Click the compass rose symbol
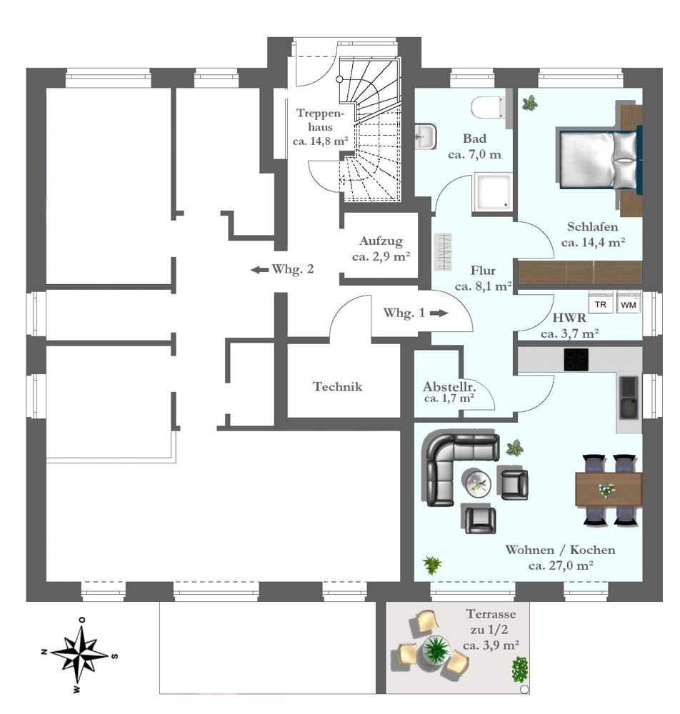pos(79,655)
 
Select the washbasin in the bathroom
pos(425,136)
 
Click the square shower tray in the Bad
pos(491,193)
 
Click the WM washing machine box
pos(629,303)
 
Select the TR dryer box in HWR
pos(601,303)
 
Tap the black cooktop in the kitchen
pos(576,359)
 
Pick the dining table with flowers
pos(608,489)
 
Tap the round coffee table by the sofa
pos(476,483)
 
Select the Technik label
pos(338,387)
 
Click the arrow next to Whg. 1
pos(439,313)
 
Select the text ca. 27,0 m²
pos(561,565)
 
